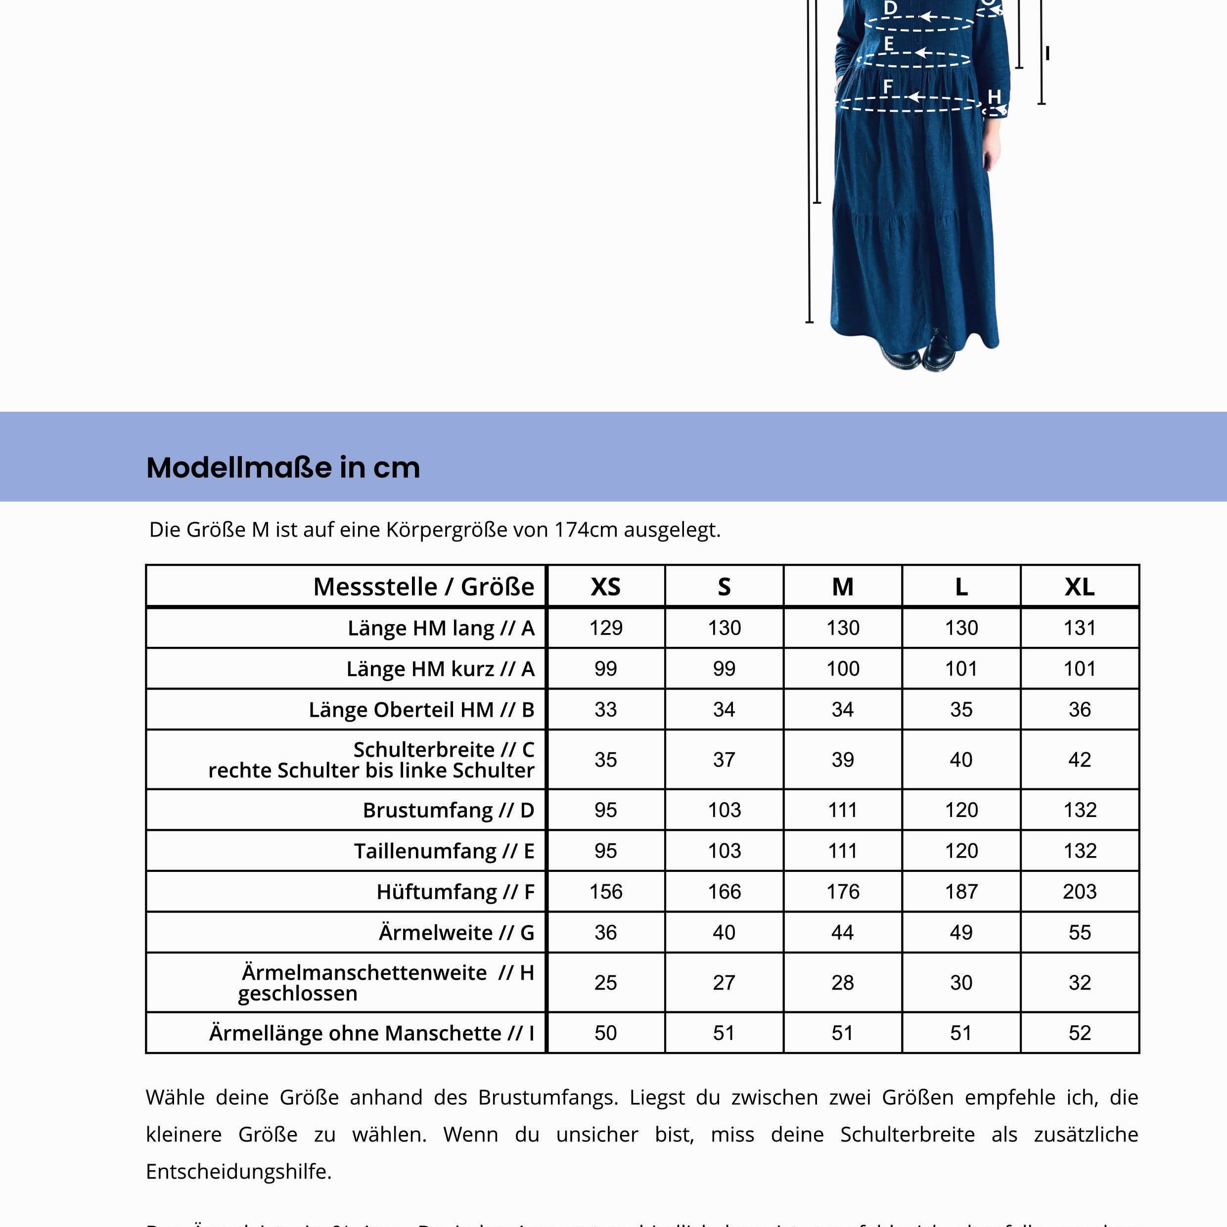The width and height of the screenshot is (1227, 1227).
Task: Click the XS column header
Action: pos(605,586)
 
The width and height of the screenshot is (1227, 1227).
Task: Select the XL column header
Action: pos(1079,586)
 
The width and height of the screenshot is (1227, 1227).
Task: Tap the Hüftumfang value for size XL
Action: pos(1079,891)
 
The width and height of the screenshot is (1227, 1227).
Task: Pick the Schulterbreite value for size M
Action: pos(842,759)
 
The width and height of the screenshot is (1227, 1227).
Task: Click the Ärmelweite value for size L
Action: pos(960,932)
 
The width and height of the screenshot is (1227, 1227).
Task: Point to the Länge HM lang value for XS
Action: pos(605,628)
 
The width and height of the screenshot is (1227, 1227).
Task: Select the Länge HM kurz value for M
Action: pos(842,668)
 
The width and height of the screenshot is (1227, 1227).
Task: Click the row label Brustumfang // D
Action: pos(449,810)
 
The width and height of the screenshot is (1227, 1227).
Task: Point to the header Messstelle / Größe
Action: pos(424,586)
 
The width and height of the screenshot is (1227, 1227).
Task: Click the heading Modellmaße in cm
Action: pos(283,467)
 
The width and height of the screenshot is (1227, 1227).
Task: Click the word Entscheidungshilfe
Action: pos(239,1171)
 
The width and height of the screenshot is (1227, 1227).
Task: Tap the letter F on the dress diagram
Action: pos(888,86)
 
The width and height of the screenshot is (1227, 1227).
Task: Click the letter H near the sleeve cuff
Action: pos(994,96)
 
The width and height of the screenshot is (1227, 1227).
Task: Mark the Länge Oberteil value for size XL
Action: pos(1079,709)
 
